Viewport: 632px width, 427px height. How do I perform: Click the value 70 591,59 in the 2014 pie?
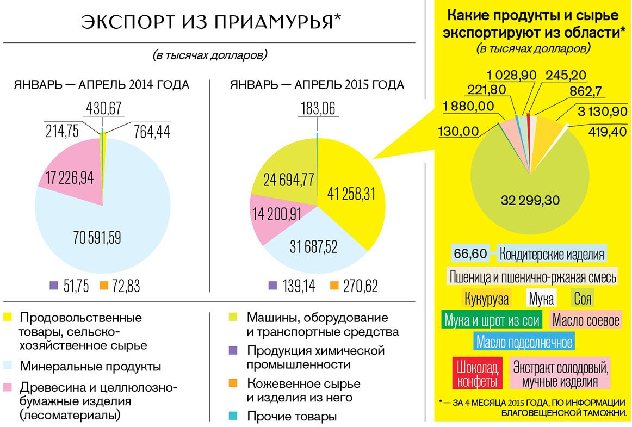[x=97, y=237]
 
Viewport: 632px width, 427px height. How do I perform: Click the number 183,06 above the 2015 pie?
[x=318, y=108]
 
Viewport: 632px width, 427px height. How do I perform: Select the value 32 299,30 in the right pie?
[x=530, y=200]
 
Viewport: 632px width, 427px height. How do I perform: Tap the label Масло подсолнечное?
[x=524, y=342]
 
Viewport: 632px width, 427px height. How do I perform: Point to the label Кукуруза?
[x=487, y=298]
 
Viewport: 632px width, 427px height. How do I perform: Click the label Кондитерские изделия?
[x=552, y=254]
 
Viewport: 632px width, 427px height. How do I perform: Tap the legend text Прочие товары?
[x=292, y=417]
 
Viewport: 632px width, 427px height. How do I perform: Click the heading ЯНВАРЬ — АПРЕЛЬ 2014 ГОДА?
[x=101, y=85]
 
